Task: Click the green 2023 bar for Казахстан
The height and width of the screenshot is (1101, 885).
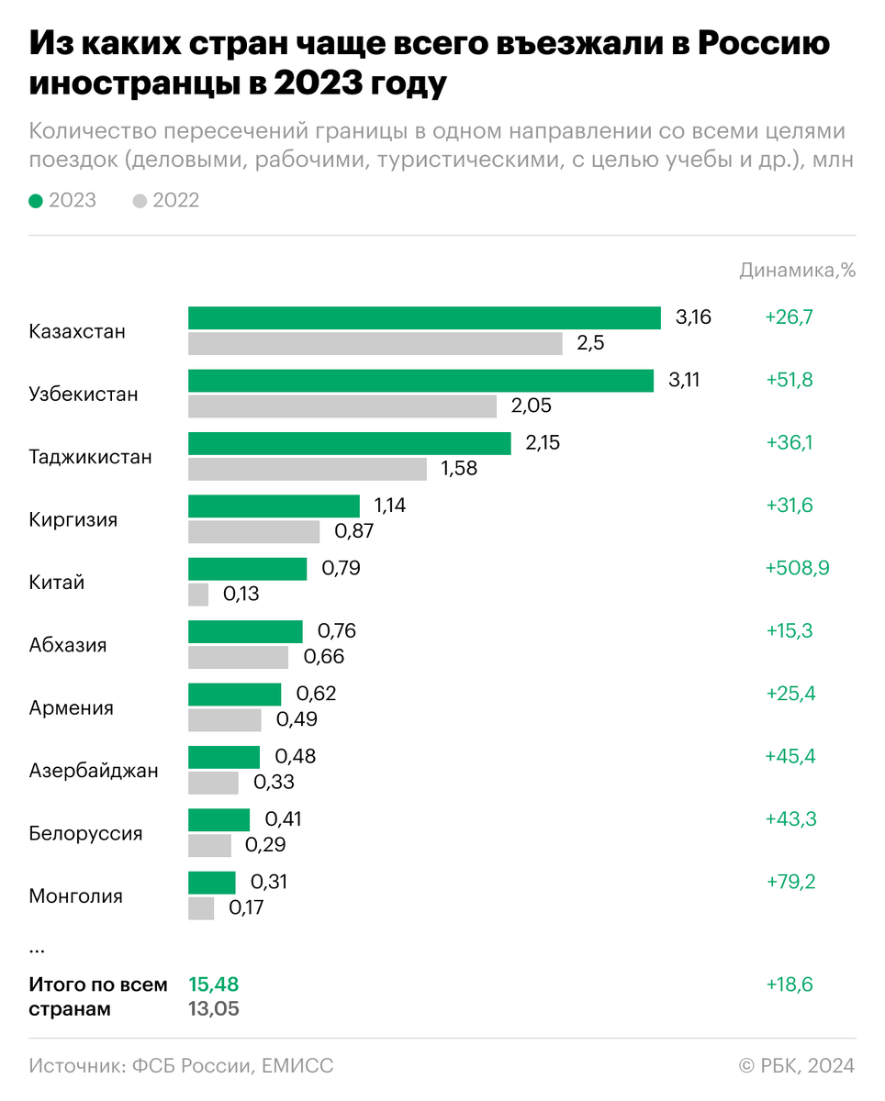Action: click(424, 318)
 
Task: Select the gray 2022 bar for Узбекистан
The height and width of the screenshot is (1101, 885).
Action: click(342, 406)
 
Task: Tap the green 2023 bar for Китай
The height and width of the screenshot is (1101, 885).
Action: click(247, 569)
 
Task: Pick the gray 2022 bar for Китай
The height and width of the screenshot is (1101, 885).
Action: click(198, 595)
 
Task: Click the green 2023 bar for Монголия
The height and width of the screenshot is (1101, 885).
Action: click(212, 883)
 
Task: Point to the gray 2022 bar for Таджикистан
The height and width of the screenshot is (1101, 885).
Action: click(308, 469)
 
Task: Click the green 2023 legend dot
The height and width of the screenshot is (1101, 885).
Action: click(36, 200)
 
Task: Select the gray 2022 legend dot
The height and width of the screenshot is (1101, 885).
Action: click(140, 200)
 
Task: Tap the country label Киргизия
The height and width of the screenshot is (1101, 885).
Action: click(73, 519)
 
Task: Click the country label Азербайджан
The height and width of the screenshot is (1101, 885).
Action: click(94, 771)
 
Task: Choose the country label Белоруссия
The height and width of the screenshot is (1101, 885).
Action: click(85, 833)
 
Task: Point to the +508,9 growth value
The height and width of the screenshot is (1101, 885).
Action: click(797, 568)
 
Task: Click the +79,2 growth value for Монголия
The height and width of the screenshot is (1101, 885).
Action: click(790, 882)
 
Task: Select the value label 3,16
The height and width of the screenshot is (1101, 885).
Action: click(693, 318)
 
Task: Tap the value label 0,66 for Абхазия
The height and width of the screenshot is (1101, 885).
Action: click(323, 657)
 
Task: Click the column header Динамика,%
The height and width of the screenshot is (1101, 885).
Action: click(797, 270)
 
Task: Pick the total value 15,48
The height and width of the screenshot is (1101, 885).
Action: click(213, 984)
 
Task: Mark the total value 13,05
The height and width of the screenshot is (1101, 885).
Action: click(214, 1009)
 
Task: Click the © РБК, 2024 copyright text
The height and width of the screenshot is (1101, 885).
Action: click(796, 1065)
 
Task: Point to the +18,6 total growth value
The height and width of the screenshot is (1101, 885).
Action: click(790, 984)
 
